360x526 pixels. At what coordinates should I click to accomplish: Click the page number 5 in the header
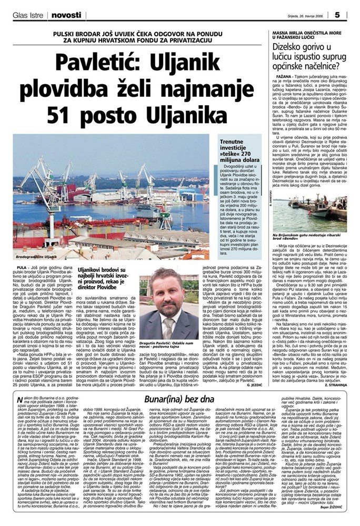[351, 13]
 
